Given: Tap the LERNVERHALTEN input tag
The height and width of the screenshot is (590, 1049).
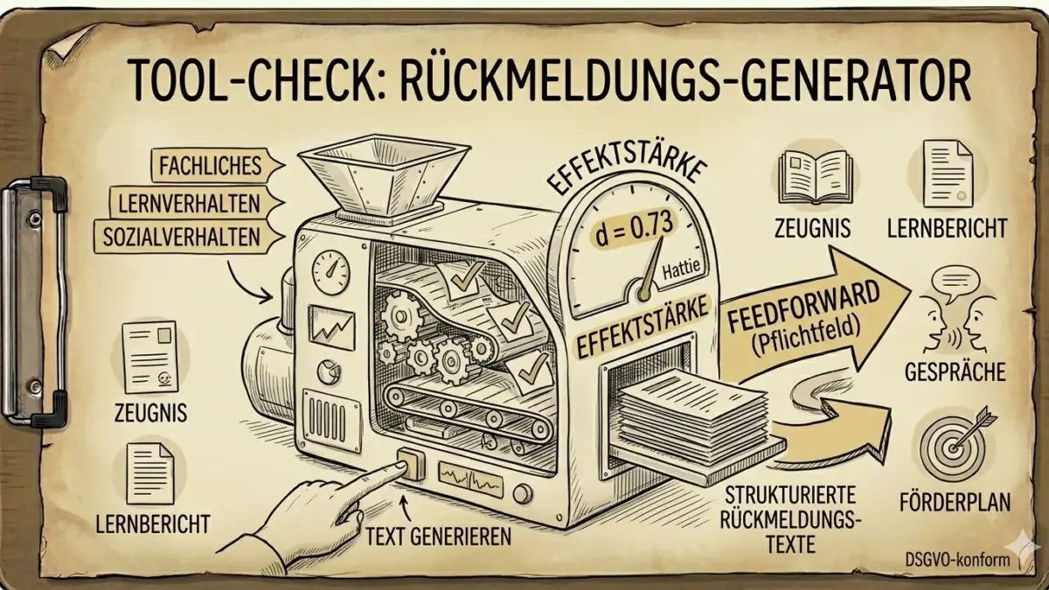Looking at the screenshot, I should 187,202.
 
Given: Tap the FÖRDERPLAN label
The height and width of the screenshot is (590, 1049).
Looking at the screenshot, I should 955,503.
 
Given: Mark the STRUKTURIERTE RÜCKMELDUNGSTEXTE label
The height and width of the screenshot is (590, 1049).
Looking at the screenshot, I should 793,517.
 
